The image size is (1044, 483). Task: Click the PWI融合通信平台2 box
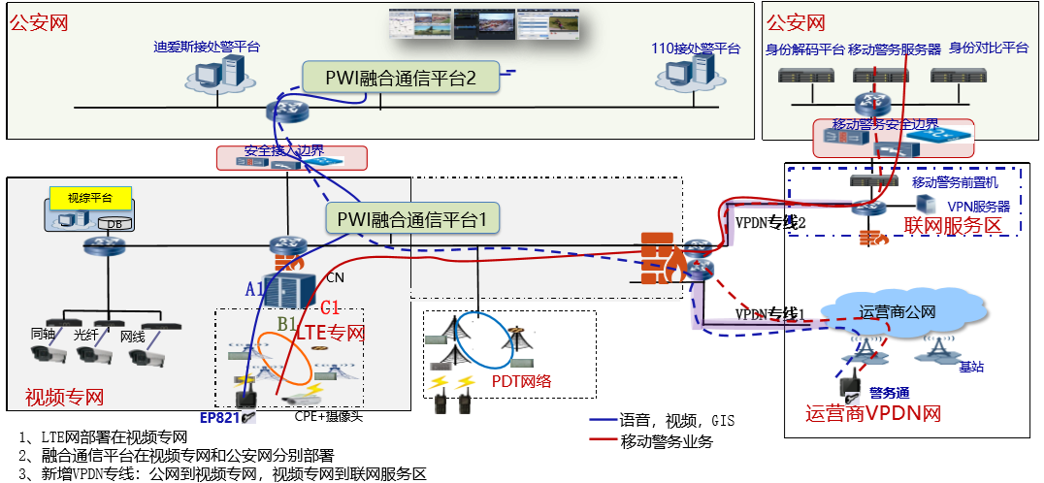(x=400, y=79)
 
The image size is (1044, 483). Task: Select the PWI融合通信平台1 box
(x=411, y=220)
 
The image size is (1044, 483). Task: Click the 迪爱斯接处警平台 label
(x=207, y=46)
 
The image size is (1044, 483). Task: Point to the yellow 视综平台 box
(x=89, y=197)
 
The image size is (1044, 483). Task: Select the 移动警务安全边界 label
(x=885, y=124)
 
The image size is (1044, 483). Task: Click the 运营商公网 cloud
(x=897, y=312)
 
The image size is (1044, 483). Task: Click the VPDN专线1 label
(x=771, y=314)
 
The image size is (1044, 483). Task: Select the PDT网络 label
(x=521, y=381)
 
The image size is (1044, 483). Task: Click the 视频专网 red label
(x=64, y=397)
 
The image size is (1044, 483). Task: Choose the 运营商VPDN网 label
(x=873, y=413)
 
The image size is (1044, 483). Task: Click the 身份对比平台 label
(x=988, y=48)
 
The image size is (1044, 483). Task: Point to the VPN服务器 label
(x=977, y=207)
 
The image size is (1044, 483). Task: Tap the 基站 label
(x=971, y=367)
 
